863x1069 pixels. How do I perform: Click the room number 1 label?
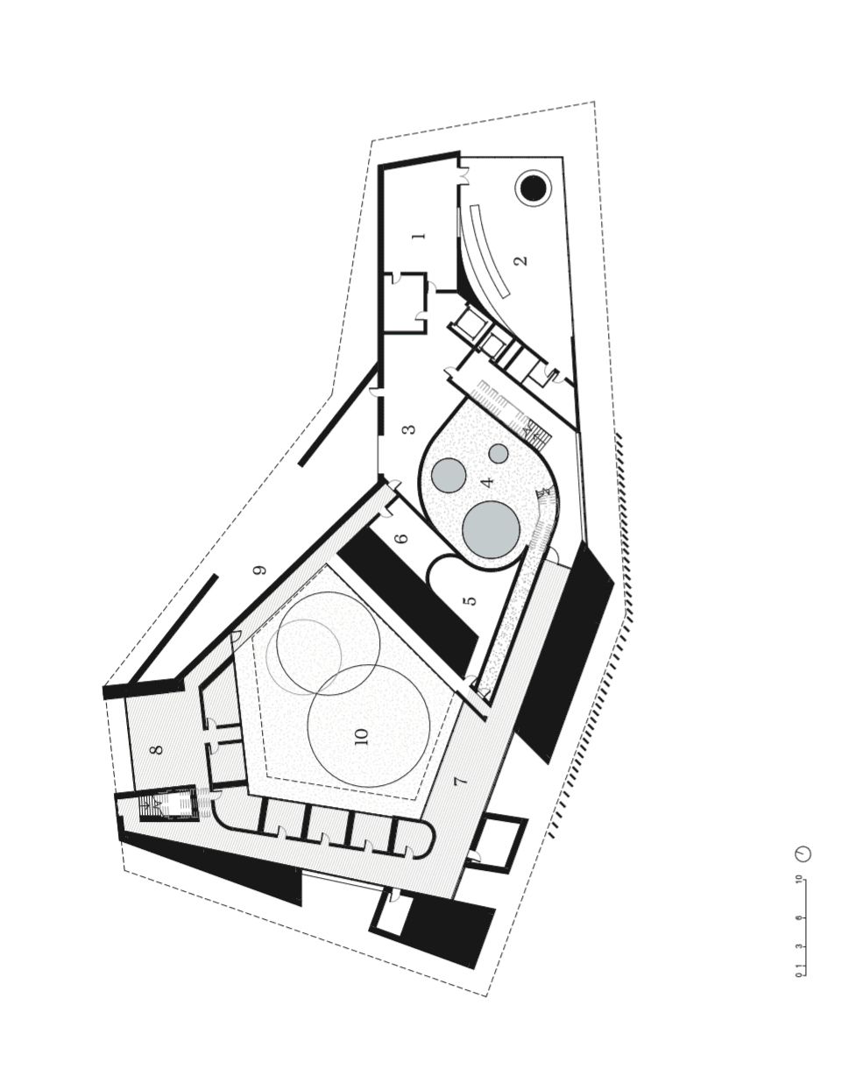point(419,236)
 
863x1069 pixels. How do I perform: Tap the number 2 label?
point(520,260)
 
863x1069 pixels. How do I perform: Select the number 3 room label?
point(408,429)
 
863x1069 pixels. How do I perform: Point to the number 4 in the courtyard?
point(487,480)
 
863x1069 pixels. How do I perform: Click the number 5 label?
point(470,600)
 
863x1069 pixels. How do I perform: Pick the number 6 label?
point(402,539)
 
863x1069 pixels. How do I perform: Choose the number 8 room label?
point(157,749)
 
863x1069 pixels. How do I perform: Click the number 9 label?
point(258,570)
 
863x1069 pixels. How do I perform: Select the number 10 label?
point(362,736)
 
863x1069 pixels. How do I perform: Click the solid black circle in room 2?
point(533,188)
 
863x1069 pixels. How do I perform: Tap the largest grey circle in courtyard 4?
point(491,529)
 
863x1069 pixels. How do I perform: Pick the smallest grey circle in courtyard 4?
point(499,454)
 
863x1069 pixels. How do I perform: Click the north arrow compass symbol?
point(803,853)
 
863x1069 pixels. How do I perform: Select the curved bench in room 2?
point(488,250)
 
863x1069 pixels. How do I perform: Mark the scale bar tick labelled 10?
point(799,879)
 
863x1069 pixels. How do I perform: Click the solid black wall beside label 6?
point(407,605)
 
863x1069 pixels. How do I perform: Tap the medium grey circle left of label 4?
point(449,475)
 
